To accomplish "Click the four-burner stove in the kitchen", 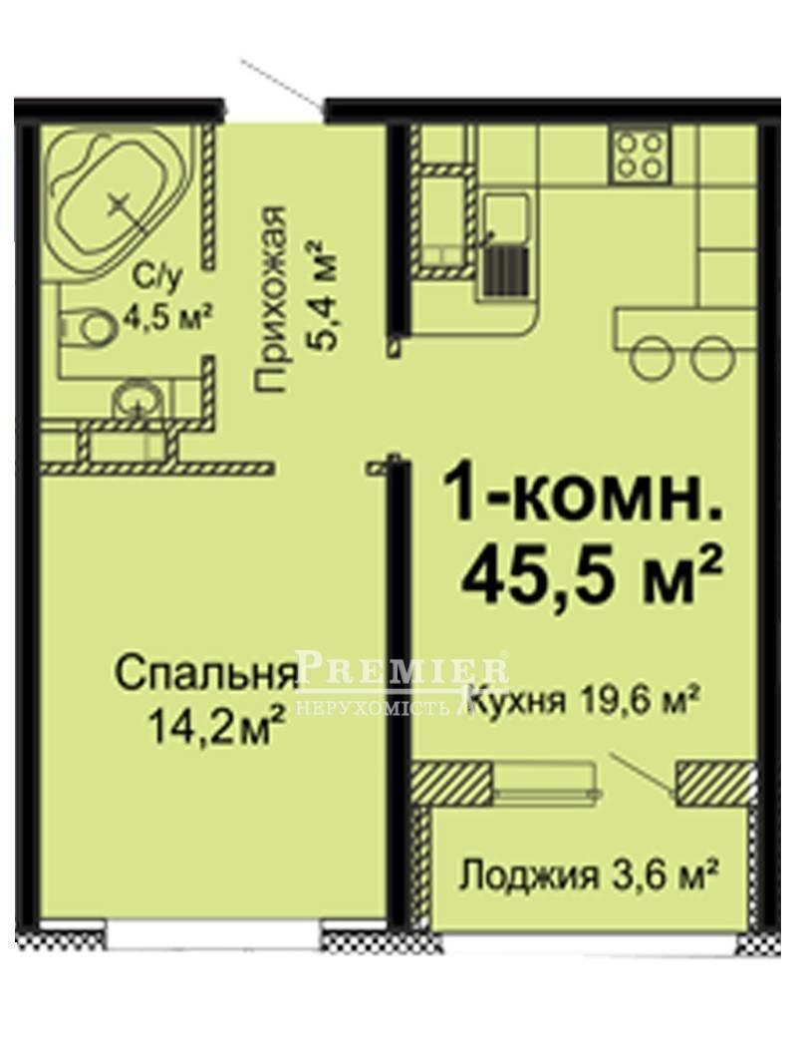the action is (639, 154).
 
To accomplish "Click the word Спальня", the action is (206, 674).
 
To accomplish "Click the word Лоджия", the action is (529, 876).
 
